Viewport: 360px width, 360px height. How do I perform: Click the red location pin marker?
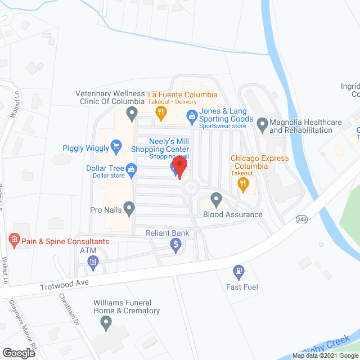click(x=179, y=167)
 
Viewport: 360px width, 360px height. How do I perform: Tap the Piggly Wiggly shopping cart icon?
click(x=116, y=147)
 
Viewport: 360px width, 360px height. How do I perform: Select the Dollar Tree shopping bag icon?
click(x=131, y=169)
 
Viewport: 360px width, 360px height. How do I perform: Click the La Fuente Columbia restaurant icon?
click(x=161, y=113)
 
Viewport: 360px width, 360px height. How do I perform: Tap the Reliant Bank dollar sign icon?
click(x=176, y=244)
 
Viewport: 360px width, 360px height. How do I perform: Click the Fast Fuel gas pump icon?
click(x=238, y=272)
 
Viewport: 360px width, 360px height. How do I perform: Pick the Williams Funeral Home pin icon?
click(x=105, y=323)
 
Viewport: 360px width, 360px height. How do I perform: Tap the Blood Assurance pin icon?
click(x=217, y=199)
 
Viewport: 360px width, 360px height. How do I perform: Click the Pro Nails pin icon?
click(x=129, y=210)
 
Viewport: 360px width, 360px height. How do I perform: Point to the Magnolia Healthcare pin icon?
click(x=262, y=124)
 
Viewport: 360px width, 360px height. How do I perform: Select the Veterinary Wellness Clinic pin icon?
click(x=132, y=115)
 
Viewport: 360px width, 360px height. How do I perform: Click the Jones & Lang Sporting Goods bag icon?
click(x=191, y=118)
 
